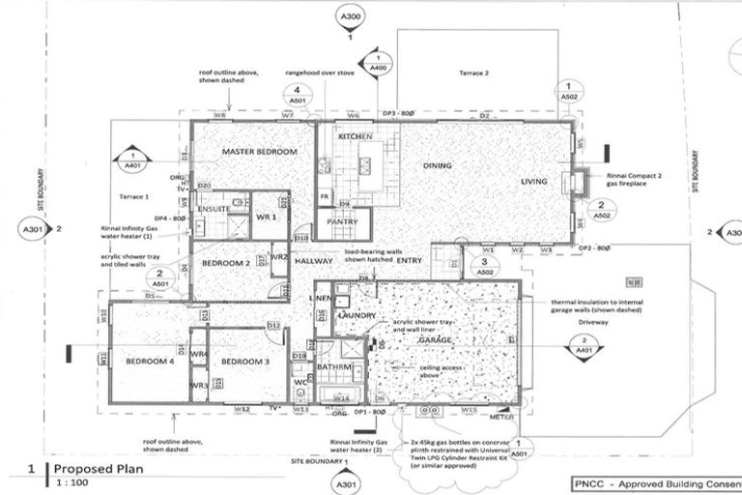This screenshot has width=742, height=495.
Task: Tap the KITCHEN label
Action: tap(355, 138)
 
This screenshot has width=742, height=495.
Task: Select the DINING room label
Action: tap(437, 166)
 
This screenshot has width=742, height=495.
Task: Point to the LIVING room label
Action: tap(533, 181)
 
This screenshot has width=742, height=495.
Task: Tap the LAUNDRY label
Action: tap(357, 316)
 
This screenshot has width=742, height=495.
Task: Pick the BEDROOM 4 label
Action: tap(150, 362)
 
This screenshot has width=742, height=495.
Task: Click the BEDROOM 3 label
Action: tap(242, 362)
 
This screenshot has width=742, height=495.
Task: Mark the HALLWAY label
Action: tap(314, 261)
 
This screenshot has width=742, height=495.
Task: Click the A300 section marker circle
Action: tap(350, 17)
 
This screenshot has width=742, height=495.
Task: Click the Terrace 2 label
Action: tap(473, 73)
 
